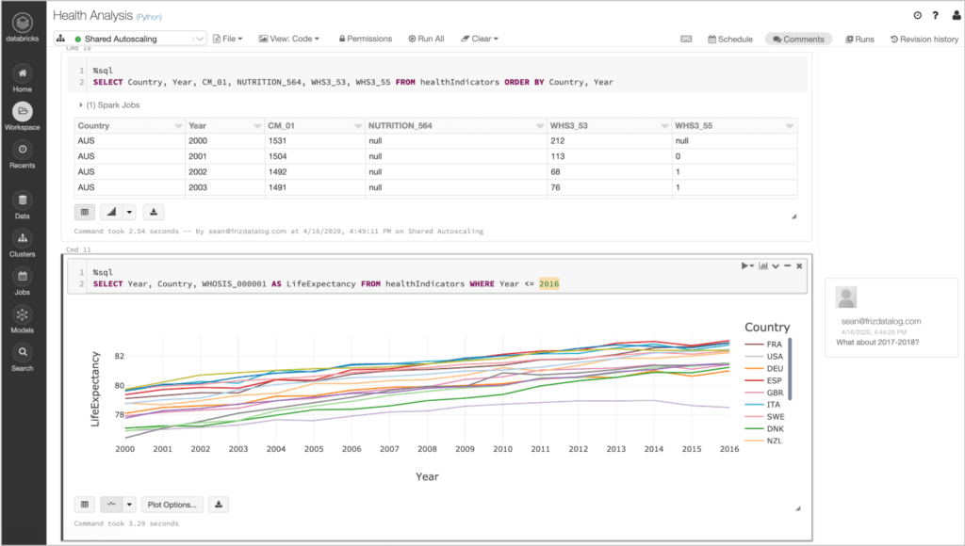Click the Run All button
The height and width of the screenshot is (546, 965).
coord(426,39)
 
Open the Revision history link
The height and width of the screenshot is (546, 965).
coord(924,40)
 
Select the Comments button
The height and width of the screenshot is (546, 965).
coord(798,40)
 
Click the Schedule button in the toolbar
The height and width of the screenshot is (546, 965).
coord(730,40)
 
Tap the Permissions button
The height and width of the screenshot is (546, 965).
coord(364,39)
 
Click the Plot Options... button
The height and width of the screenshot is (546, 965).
coord(172,505)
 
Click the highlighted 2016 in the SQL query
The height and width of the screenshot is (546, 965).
coord(549,283)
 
